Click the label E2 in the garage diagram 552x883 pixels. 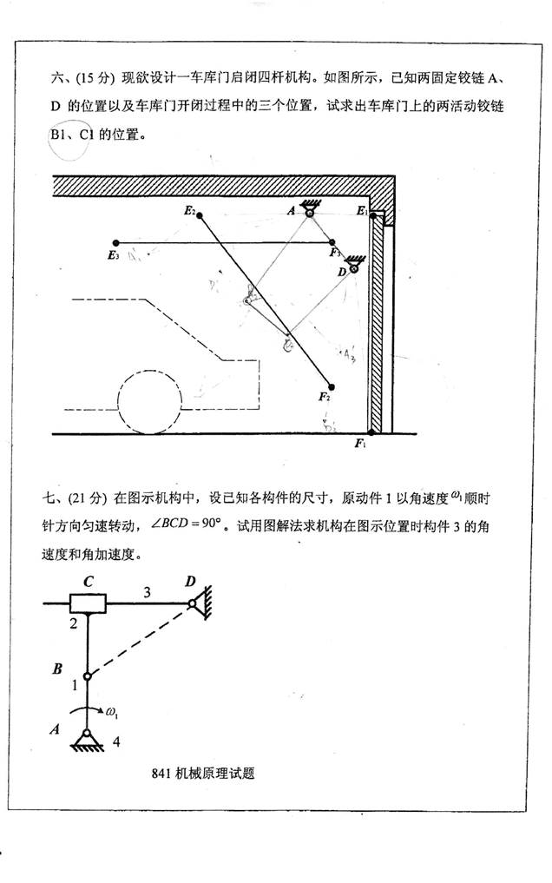[189, 211]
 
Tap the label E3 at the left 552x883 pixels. [112, 255]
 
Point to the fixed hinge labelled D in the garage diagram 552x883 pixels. [353, 267]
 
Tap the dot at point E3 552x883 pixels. [115, 243]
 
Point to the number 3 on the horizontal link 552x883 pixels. [147, 592]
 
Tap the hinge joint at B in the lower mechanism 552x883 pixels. [88, 677]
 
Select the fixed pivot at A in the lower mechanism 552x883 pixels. [88, 735]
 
